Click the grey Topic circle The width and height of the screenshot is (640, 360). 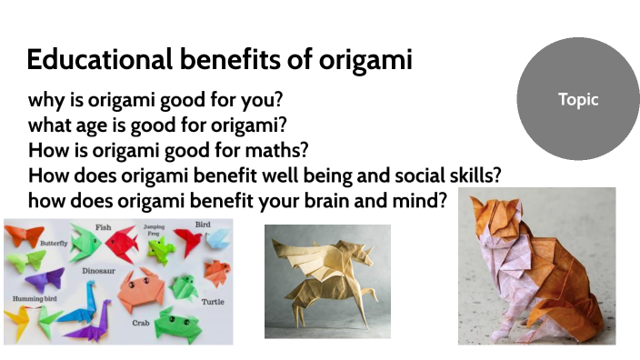[578, 100]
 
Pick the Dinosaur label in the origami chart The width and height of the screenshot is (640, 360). [99, 270]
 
